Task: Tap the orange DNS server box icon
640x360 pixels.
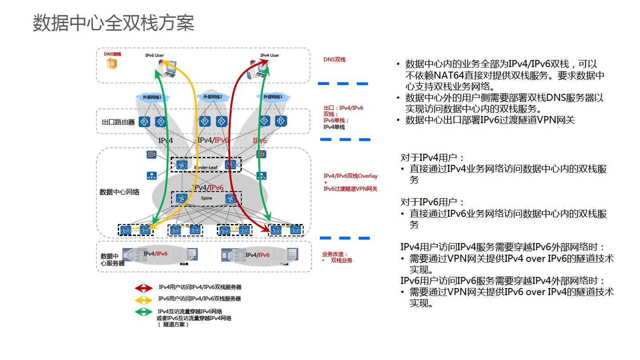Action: pyautogui.click(x=112, y=64)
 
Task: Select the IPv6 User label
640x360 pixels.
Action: pyautogui.click(x=154, y=56)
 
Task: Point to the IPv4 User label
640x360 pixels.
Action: pyautogui.click(x=269, y=56)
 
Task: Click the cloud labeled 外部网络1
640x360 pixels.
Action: pyautogui.click(x=152, y=97)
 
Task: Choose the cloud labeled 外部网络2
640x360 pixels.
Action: pyautogui.click(x=212, y=97)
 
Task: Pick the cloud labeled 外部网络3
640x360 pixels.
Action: pyautogui.click(x=273, y=97)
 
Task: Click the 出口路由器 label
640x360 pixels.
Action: pyautogui.click(x=118, y=122)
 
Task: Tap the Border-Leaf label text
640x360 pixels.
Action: pyautogui.click(x=205, y=167)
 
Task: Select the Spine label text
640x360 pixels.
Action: pyautogui.click(x=206, y=198)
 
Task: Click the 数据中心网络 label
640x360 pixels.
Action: pyautogui.click(x=119, y=192)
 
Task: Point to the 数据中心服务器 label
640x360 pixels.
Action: pyautogui.click(x=112, y=260)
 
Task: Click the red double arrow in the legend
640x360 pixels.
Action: pyautogui.click(x=144, y=288)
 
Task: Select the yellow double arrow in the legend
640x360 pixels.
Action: pyautogui.click(x=144, y=300)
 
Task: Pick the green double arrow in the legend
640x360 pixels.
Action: pyautogui.click(x=144, y=312)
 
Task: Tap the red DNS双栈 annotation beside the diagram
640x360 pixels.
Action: pyautogui.click(x=334, y=59)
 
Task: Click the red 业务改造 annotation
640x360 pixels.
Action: pyautogui.click(x=335, y=254)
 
